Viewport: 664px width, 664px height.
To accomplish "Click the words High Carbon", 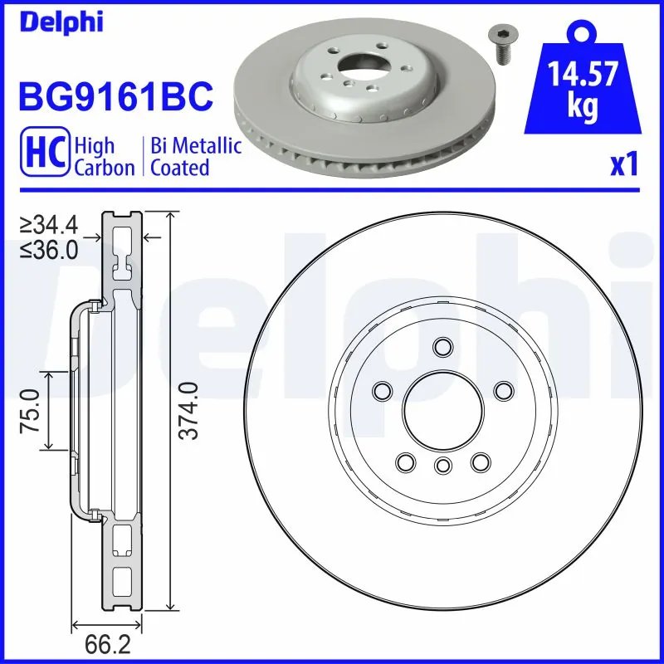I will (x=104, y=157).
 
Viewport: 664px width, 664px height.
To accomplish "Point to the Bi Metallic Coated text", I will (x=196, y=157).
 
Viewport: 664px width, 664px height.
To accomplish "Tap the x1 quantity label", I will (x=625, y=165).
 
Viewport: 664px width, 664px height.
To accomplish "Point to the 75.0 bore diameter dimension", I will (x=31, y=411).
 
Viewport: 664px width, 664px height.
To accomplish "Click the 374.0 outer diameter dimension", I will (x=189, y=411).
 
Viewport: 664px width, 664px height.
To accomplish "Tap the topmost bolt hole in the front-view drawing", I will (x=442, y=346).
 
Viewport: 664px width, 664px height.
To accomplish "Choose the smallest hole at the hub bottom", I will (x=442, y=465).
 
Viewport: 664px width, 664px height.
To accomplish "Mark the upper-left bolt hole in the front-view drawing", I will (x=383, y=390).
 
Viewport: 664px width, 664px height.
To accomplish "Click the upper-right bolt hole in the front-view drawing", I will (x=503, y=390).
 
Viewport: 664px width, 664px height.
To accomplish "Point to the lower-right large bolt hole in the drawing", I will (x=480, y=461).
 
